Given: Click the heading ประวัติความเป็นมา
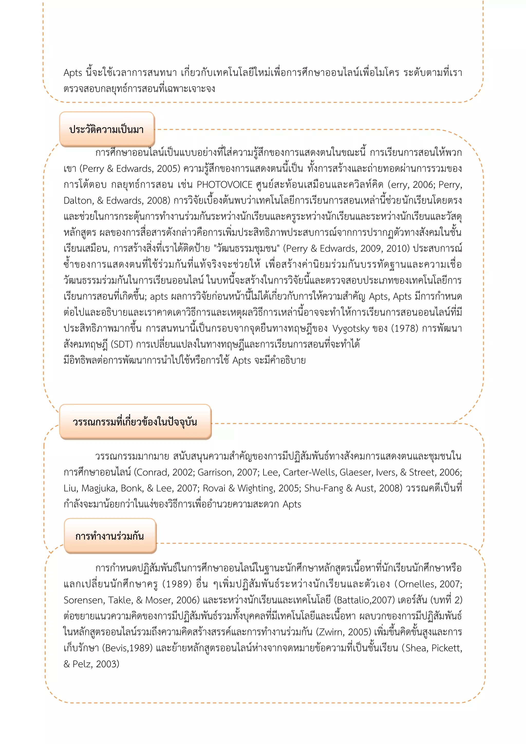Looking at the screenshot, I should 107,130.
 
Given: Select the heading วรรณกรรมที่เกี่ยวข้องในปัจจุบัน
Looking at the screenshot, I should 135,422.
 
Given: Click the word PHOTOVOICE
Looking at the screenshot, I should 224,185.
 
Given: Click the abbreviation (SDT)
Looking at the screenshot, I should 122,345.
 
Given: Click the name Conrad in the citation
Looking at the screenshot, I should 152,472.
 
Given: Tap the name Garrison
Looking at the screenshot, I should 215,472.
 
